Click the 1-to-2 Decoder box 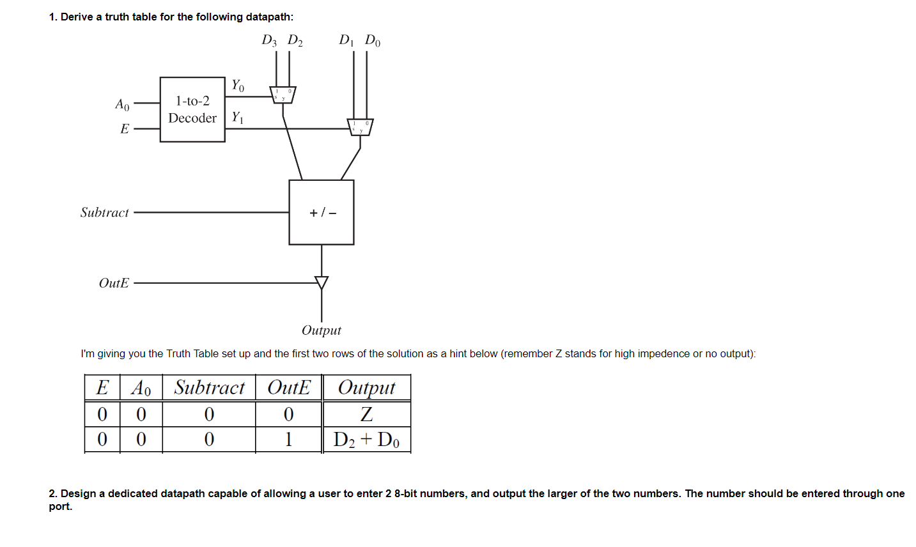(x=192, y=109)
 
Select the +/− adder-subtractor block (x=322, y=212)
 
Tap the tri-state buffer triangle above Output (x=322, y=282)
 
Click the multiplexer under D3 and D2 (x=283, y=95)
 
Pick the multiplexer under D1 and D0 (x=360, y=127)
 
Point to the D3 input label (x=269, y=41)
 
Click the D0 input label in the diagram (x=373, y=41)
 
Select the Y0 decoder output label (x=238, y=85)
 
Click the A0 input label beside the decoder (x=122, y=104)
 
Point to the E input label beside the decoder (x=125, y=129)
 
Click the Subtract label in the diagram (x=105, y=212)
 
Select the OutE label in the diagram (x=114, y=283)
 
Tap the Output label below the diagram (x=322, y=330)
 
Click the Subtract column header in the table (x=209, y=388)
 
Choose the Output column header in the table (x=366, y=388)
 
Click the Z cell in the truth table (x=366, y=414)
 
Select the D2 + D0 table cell (x=366, y=440)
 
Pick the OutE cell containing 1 (x=288, y=440)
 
